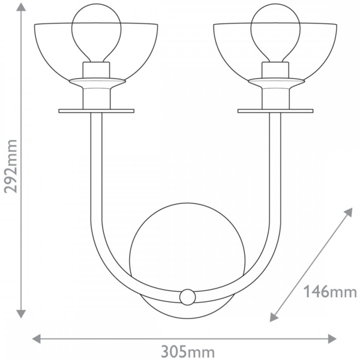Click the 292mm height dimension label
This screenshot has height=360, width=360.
click(11, 166)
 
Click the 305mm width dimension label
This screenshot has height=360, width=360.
click(188, 352)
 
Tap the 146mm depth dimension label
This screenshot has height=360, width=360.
click(330, 292)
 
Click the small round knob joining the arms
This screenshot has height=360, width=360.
click(188, 297)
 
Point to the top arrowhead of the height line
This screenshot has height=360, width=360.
click(21, 7)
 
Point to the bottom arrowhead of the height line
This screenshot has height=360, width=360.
click(21, 314)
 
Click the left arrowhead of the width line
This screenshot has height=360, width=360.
click(36, 338)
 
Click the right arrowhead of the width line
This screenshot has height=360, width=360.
click(332, 338)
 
